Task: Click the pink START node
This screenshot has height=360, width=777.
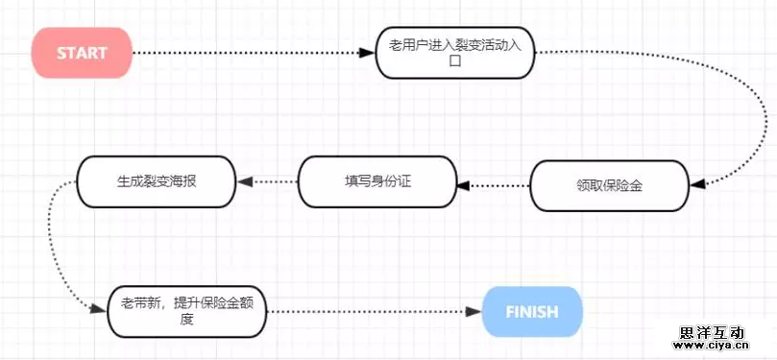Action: click(82, 52)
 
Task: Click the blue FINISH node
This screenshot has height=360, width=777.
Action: click(532, 311)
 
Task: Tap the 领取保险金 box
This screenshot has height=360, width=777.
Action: click(609, 185)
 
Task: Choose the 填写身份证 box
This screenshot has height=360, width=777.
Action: click(377, 181)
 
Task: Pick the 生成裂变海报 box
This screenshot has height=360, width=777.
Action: click(156, 180)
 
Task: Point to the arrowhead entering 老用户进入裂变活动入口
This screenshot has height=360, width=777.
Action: click(369, 52)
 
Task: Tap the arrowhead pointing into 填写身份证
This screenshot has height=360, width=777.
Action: click(463, 182)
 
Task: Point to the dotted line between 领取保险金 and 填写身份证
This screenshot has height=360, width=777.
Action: click(498, 182)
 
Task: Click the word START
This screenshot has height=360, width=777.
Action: click(82, 52)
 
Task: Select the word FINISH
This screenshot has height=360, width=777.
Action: click(532, 311)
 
